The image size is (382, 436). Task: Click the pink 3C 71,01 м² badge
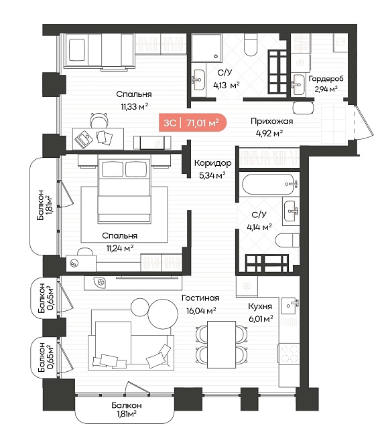click(x=192, y=122)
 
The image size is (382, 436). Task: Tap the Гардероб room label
click(x=326, y=79)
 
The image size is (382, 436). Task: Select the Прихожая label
click(x=271, y=121)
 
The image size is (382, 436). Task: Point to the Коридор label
click(x=212, y=163)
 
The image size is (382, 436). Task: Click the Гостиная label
click(x=200, y=298)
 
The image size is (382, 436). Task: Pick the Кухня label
click(x=260, y=306)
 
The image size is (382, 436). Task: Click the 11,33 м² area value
click(x=134, y=106)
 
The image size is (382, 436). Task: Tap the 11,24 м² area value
click(x=120, y=248)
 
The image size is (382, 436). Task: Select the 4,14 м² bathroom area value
click(x=259, y=227)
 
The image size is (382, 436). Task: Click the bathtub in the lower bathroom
click(x=268, y=185)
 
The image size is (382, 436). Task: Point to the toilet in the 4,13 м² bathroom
click(x=251, y=45)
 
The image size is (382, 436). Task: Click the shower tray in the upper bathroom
click(x=206, y=47)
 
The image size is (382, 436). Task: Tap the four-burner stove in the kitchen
click(x=290, y=353)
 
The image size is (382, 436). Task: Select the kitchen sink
click(x=290, y=306)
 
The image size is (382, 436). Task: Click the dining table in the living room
click(x=222, y=344)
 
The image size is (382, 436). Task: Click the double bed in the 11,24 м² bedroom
click(x=124, y=191)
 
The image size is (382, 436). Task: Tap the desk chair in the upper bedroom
click(x=99, y=120)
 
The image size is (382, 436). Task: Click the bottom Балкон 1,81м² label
click(x=127, y=409)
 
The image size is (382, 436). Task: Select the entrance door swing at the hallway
click(x=363, y=122)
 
